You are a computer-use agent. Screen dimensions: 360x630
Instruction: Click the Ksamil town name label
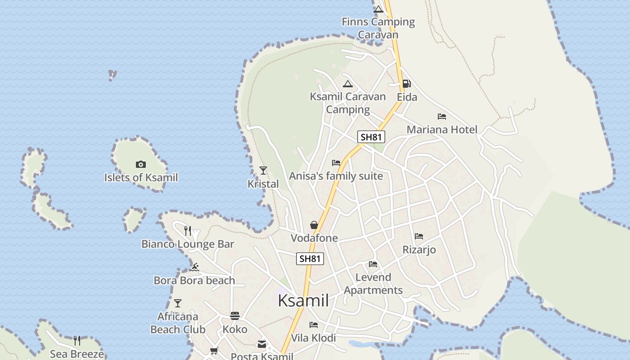[x=303, y=301]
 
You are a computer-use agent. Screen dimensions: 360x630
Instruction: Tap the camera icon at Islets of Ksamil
[x=141, y=165]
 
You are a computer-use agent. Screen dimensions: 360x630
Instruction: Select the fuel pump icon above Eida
[x=406, y=83]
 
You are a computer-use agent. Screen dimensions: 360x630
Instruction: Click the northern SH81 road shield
[x=371, y=137]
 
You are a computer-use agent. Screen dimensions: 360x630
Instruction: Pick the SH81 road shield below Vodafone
[x=310, y=259]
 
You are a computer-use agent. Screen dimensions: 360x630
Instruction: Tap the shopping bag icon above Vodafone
[x=314, y=225]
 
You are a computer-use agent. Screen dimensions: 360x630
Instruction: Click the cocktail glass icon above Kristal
[x=263, y=171]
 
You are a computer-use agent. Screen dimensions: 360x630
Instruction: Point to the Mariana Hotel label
[x=442, y=130]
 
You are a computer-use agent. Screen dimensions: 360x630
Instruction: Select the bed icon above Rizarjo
[x=419, y=236]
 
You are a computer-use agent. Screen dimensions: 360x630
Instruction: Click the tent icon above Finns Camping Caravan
[x=378, y=9]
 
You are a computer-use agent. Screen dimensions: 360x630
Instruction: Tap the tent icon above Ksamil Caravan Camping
[x=348, y=84]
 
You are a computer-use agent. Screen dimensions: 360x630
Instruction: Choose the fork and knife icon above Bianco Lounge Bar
[x=188, y=231]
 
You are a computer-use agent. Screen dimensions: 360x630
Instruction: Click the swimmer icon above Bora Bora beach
[x=194, y=267]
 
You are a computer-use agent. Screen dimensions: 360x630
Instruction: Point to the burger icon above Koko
[x=235, y=316]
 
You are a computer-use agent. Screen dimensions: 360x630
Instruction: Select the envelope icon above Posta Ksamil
[x=262, y=344]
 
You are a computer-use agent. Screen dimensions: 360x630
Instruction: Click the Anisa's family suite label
[x=336, y=176]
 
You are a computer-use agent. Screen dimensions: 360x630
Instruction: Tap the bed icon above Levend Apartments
[x=373, y=264]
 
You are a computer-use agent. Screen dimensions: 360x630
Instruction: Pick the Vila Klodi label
[x=313, y=338]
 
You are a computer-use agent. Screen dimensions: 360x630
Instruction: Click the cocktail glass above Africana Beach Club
[x=178, y=303]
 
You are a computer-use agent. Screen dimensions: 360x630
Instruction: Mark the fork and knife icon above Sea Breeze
[x=77, y=341]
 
